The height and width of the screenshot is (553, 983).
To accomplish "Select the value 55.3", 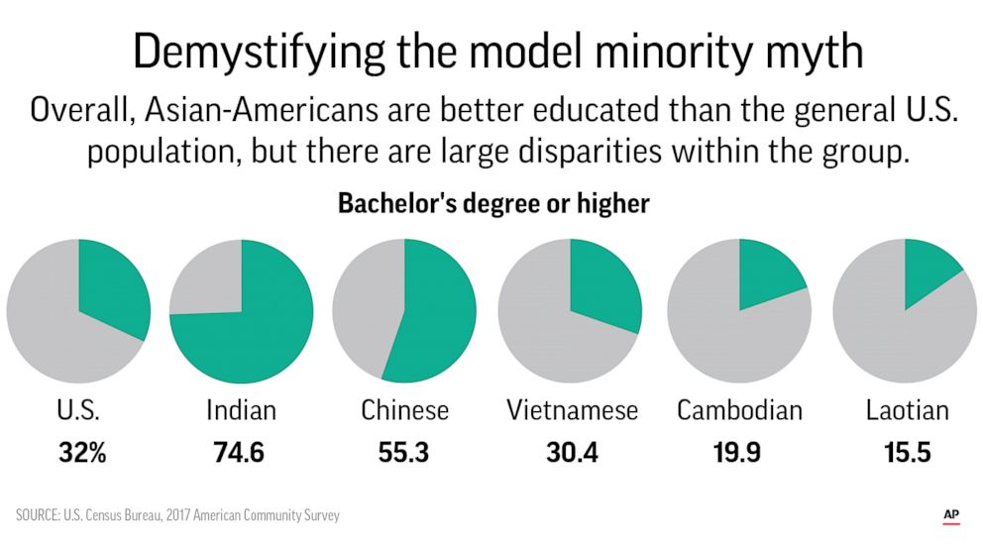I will [403, 452].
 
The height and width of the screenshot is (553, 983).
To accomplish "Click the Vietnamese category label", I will [572, 409].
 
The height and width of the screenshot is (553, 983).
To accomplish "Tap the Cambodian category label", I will [739, 409].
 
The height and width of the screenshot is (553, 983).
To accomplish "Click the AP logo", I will [950, 514].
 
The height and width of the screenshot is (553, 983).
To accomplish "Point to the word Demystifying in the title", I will [261, 52].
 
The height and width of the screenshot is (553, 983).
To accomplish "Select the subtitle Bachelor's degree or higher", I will [493, 204].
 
